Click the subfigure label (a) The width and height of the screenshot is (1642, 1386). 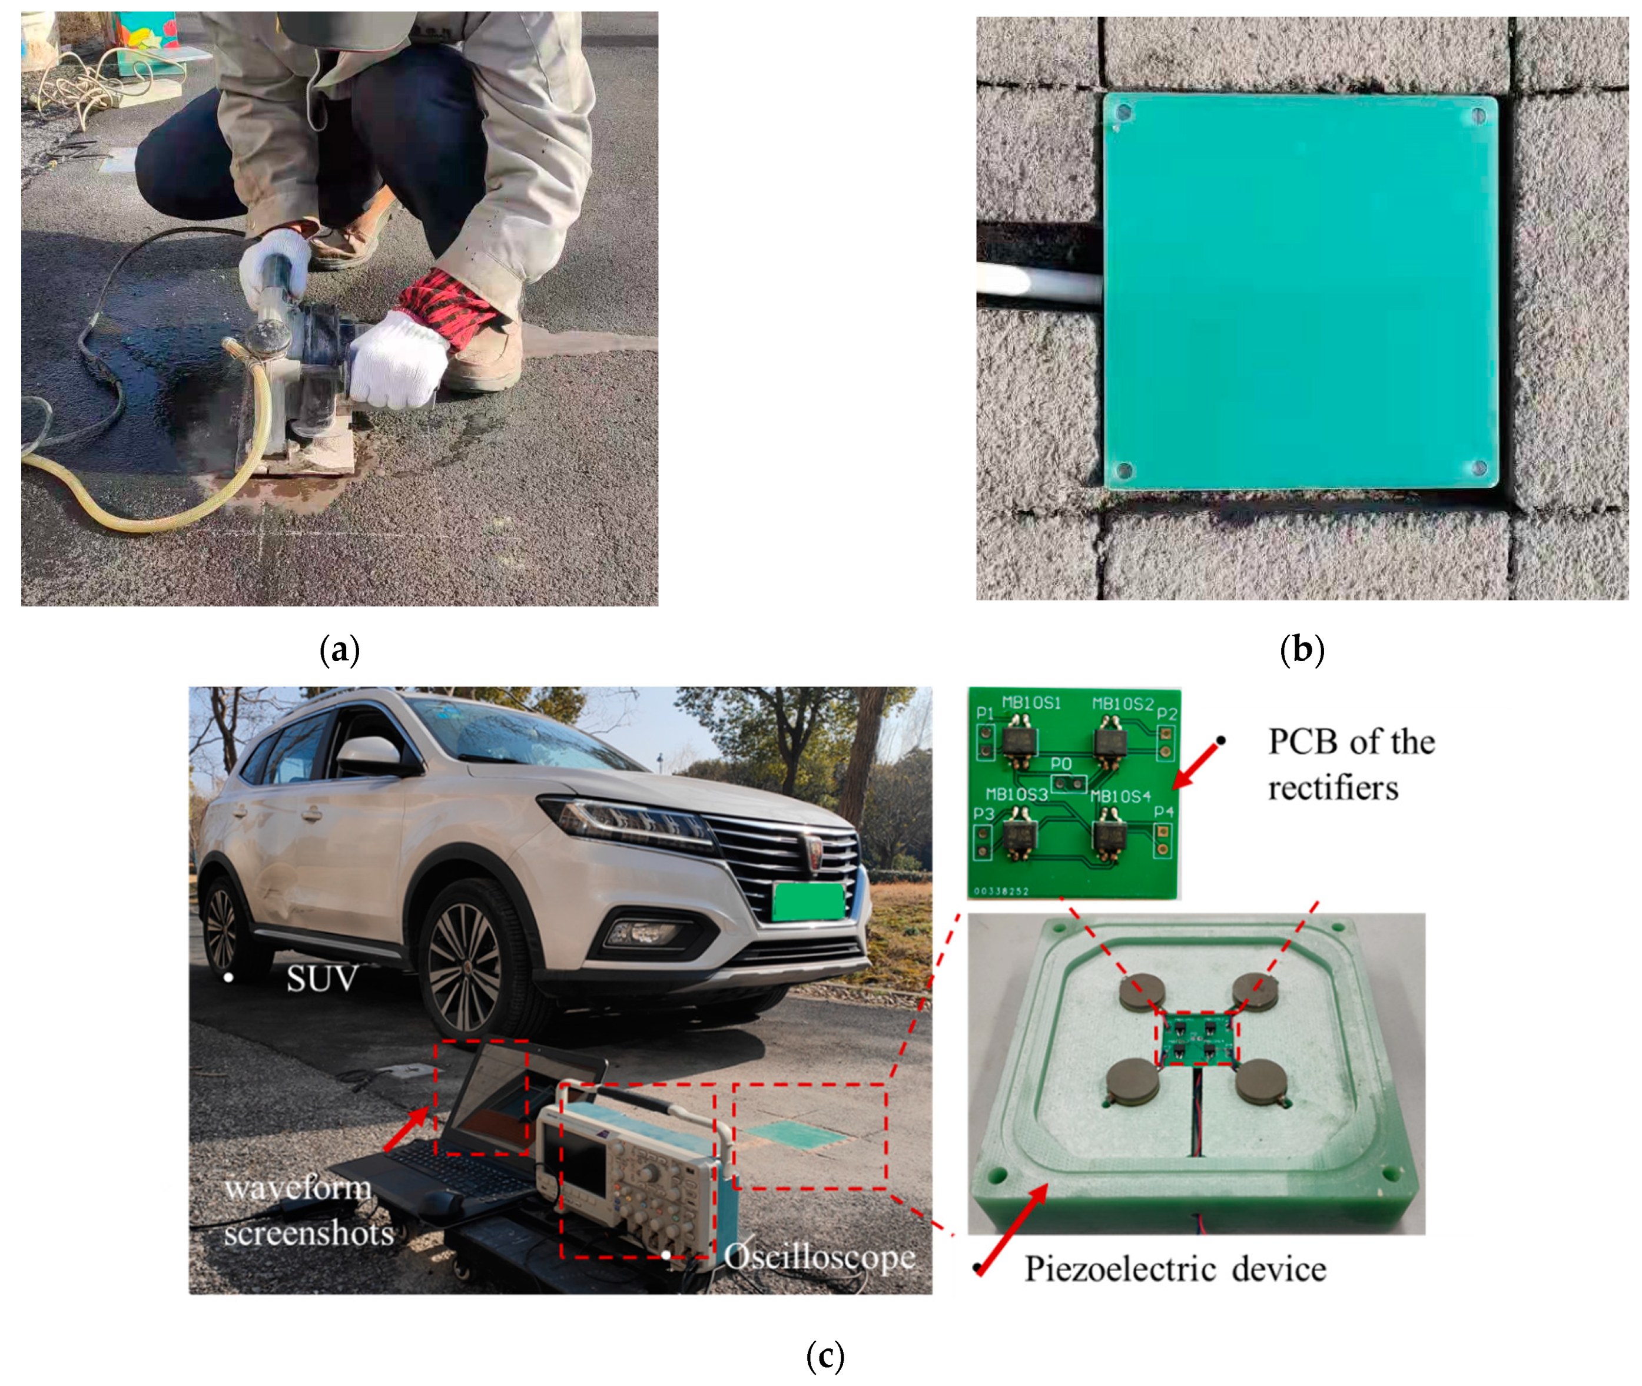(x=339, y=651)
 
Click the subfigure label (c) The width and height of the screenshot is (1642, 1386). (x=825, y=1355)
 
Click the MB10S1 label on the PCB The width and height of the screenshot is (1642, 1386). (x=1031, y=702)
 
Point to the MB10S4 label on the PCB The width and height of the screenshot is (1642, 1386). (x=1120, y=797)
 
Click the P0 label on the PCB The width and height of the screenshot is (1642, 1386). (x=1061, y=764)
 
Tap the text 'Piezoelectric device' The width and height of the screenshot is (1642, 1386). (x=1175, y=1269)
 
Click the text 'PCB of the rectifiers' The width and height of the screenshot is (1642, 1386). (x=1351, y=764)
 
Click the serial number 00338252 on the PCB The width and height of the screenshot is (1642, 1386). (x=1001, y=891)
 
